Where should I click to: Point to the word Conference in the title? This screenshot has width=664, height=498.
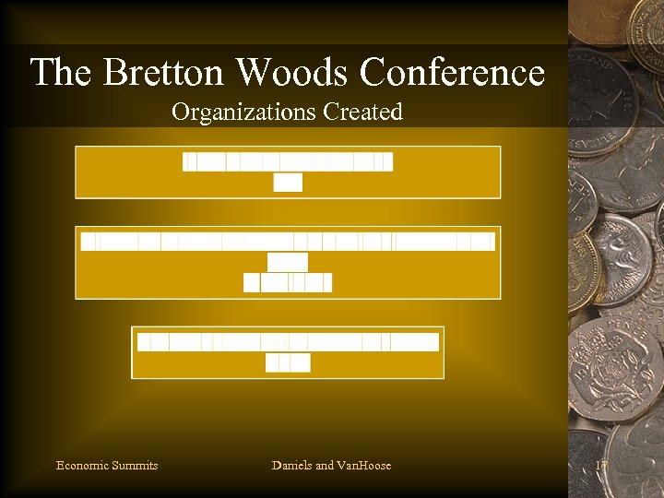(x=452, y=72)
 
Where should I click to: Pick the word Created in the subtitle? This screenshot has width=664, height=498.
(x=362, y=113)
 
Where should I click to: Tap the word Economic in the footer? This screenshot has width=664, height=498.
(x=82, y=465)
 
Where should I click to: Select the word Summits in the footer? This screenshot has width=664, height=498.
(x=135, y=465)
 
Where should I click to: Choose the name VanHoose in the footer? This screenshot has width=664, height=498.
(x=365, y=465)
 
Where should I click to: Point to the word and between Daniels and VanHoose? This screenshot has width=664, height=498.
(x=326, y=465)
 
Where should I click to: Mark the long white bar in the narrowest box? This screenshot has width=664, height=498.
(x=288, y=342)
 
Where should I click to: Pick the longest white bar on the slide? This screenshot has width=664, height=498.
(x=288, y=242)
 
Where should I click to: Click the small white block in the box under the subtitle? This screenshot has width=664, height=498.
(x=288, y=183)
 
